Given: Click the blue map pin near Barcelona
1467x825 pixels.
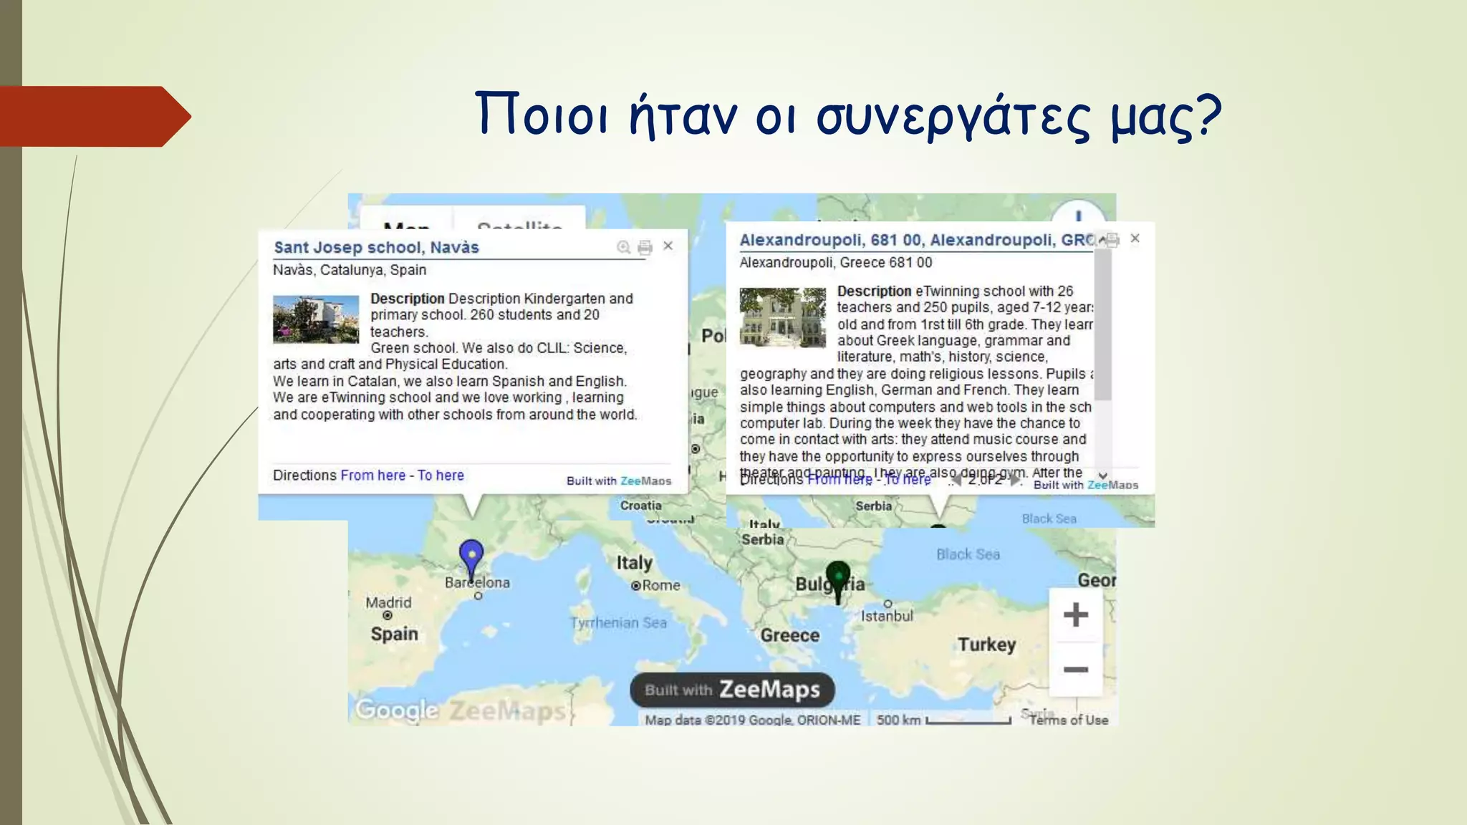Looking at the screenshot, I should pyautogui.click(x=471, y=555).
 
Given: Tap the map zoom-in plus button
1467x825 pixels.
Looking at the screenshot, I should pyautogui.click(x=1075, y=614).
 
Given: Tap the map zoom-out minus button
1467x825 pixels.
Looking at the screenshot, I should pyautogui.click(x=1075, y=670).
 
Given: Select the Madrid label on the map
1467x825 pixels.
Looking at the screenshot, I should pyautogui.click(x=388, y=603).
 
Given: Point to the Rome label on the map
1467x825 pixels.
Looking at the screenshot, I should pyautogui.click(x=660, y=585).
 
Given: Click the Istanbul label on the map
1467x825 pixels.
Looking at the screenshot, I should pyautogui.click(x=887, y=616).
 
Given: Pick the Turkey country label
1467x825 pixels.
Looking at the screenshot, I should pyautogui.click(x=986, y=645).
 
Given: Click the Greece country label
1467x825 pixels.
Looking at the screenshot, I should pyautogui.click(x=789, y=635).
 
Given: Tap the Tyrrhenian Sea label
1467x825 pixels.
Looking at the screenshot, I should pyautogui.click(x=619, y=623).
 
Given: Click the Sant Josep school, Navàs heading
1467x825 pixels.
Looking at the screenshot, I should pyautogui.click(x=376, y=248).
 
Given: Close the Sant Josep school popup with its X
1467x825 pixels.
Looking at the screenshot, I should pyautogui.click(x=668, y=246).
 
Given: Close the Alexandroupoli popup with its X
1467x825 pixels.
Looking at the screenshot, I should pyautogui.click(x=1135, y=238).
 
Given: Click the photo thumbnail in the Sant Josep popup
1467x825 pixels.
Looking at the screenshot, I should pyautogui.click(x=316, y=319).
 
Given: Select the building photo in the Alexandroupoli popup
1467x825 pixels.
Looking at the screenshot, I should pyautogui.click(x=782, y=317).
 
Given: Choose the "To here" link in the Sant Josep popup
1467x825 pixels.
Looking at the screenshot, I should pyautogui.click(x=441, y=476).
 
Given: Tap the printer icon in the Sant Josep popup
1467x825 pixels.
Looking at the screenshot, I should pyautogui.click(x=645, y=247).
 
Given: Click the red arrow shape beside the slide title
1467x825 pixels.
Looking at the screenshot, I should pyautogui.click(x=93, y=117).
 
